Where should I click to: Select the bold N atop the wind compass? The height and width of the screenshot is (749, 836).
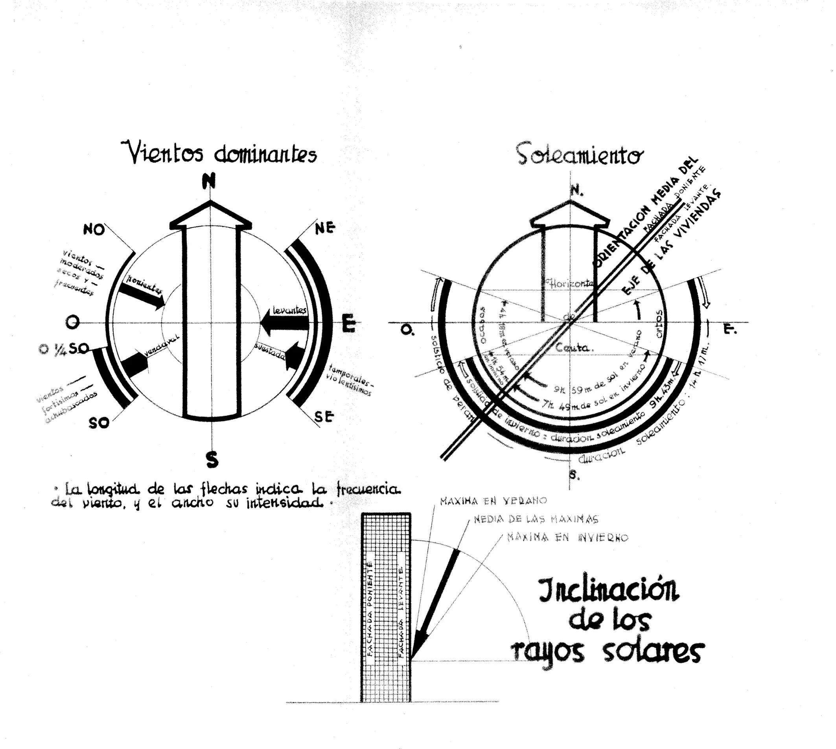coord(210,181)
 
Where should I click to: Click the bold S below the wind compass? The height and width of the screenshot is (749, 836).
coord(212,460)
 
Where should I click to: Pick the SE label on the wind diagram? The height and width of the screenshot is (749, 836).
coord(323,417)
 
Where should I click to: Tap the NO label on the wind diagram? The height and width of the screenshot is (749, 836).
coord(94,230)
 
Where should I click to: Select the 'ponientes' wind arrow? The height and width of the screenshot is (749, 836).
coord(140,295)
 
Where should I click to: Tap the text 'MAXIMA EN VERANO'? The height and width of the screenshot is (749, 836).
coord(493,501)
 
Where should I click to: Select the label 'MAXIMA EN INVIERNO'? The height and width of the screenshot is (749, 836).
coord(567,537)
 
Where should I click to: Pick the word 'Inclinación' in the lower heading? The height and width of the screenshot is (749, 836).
coord(609,590)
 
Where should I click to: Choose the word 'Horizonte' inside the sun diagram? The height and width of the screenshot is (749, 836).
coord(569,283)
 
